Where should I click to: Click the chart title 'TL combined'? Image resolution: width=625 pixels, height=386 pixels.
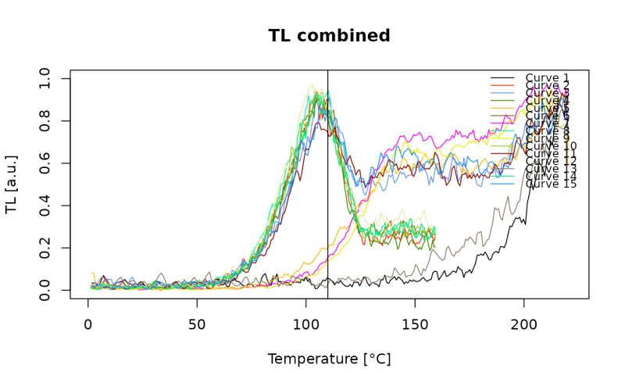click(x=329, y=36)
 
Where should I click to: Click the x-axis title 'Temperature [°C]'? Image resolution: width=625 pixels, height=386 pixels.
click(x=329, y=359)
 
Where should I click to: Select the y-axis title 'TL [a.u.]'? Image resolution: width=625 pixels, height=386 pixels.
click(x=12, y=184)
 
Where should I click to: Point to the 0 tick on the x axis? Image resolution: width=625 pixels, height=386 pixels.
click(x=88, y=322)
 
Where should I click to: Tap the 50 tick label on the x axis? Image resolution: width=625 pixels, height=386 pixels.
click(x=197, y=322)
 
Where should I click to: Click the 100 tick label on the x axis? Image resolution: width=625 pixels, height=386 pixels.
click(x=305, y=322)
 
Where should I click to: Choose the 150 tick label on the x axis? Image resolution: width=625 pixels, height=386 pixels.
click(x=415, y=322)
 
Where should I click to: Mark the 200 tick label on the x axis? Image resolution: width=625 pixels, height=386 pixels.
click(x=523, y=322)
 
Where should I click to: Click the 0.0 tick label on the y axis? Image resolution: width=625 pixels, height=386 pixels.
click(x=45, y=291)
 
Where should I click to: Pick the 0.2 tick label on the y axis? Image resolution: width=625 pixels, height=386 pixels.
click(x=45, y=248)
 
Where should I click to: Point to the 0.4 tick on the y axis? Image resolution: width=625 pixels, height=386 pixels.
click(x=45, y=206)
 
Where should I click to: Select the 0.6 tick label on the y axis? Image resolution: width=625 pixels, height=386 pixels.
click(x=45, y=163)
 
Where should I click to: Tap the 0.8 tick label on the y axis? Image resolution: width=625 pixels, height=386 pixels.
click(x=45, y=121)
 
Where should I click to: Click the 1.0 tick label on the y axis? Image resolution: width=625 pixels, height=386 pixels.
click(x=45, y=79)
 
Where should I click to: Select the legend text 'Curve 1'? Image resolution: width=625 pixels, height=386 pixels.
click(x=547, y=78)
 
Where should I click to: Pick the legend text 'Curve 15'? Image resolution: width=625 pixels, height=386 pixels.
click(x=551, y=184)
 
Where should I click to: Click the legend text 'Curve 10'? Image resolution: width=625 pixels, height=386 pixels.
click(x=551, y=146)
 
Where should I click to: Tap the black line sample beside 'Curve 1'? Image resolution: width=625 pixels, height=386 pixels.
click(x=502, y=78)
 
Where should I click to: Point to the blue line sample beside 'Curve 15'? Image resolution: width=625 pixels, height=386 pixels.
click(x=502, y=184)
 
